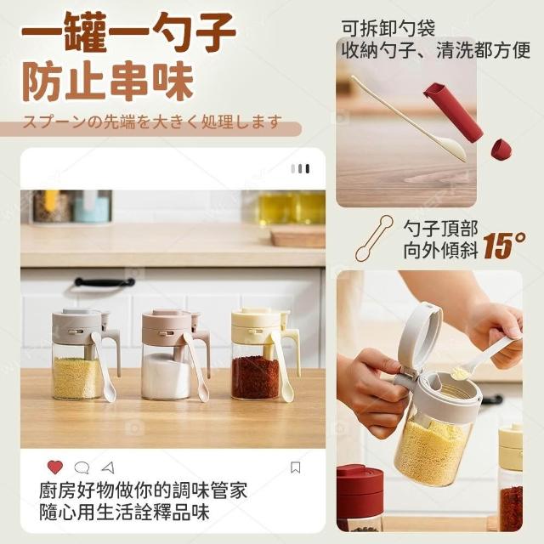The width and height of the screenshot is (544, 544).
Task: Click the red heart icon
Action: pos(55,467)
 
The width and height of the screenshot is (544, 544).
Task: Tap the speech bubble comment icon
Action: pos(82,467)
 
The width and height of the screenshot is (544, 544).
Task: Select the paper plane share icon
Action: pos(108,467)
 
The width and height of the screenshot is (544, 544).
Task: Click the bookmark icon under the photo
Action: pos(295,467)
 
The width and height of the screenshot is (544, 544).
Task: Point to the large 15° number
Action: pos(504,246)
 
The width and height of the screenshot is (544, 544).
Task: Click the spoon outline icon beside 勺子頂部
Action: pos(374,238)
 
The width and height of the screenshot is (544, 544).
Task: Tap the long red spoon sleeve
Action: pos(453,112)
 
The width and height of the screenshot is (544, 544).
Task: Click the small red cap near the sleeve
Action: pos(501,150)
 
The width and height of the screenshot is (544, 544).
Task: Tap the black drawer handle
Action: pos(105,282)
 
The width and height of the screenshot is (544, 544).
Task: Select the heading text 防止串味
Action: pos(108,82)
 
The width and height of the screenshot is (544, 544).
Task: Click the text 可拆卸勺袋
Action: pos(388,28)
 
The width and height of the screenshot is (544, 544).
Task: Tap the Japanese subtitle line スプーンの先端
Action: pos(151,122)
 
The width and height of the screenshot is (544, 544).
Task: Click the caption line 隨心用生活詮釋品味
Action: pos(124,512)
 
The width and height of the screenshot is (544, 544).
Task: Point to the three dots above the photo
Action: pos(300,168)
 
